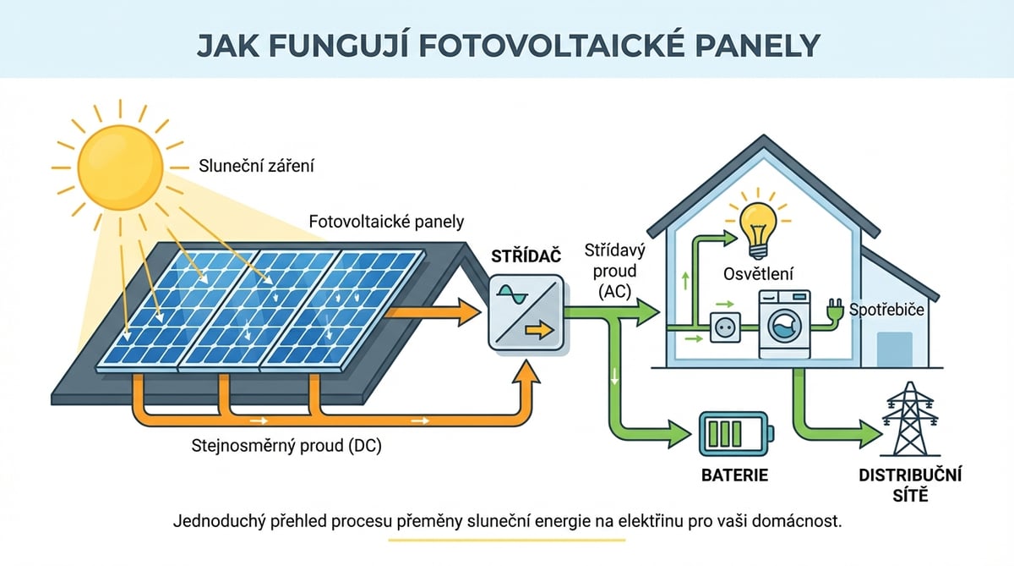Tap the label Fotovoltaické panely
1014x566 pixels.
click(388, 222)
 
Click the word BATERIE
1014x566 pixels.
click(734, 475)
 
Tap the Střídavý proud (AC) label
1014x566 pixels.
click(611, 271)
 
